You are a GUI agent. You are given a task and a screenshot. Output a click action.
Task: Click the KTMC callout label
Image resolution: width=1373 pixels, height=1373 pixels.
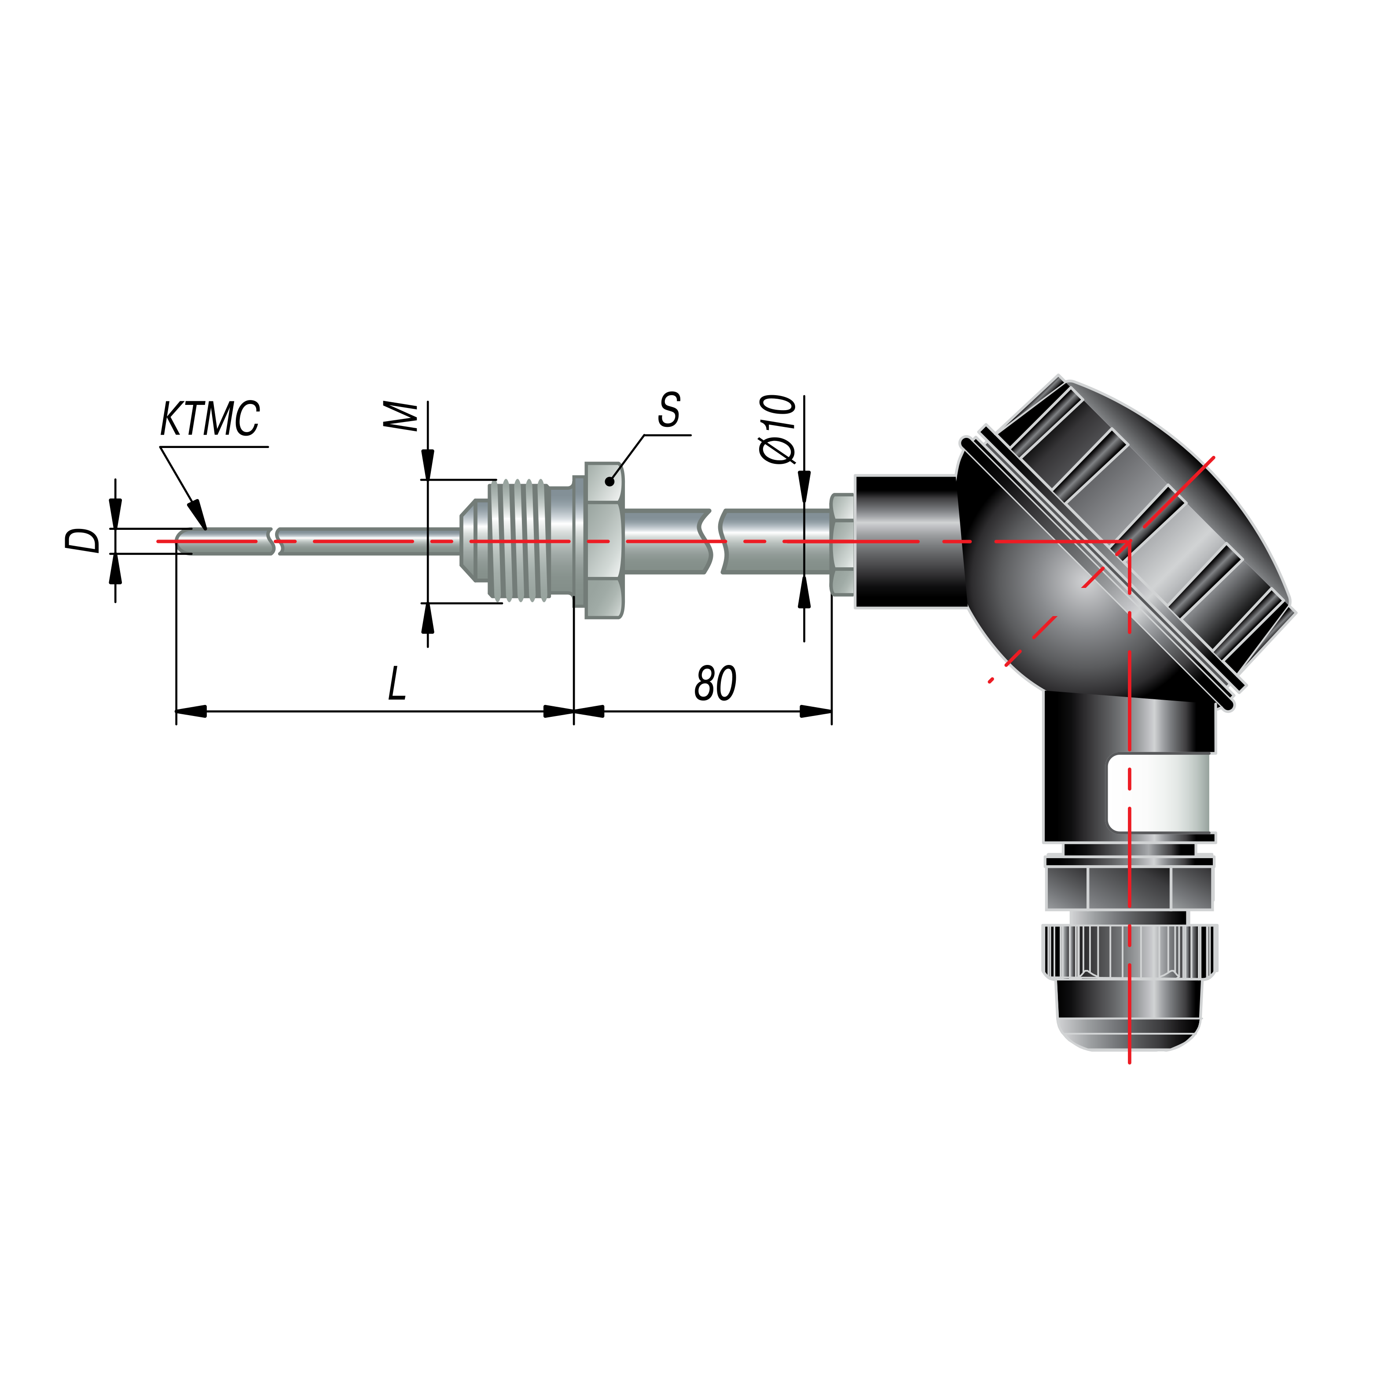pos(210,419)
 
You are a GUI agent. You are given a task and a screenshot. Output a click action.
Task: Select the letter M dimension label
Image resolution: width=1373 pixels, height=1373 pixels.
pos(400,416)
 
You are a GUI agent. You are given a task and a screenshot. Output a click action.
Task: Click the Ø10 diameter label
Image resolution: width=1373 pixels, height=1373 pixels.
pos(777,429)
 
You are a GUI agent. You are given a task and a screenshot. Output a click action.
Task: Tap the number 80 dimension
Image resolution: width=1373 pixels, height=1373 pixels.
pos(715,684)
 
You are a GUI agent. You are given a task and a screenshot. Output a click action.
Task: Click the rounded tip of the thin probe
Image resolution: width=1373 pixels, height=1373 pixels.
pos(182,541)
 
